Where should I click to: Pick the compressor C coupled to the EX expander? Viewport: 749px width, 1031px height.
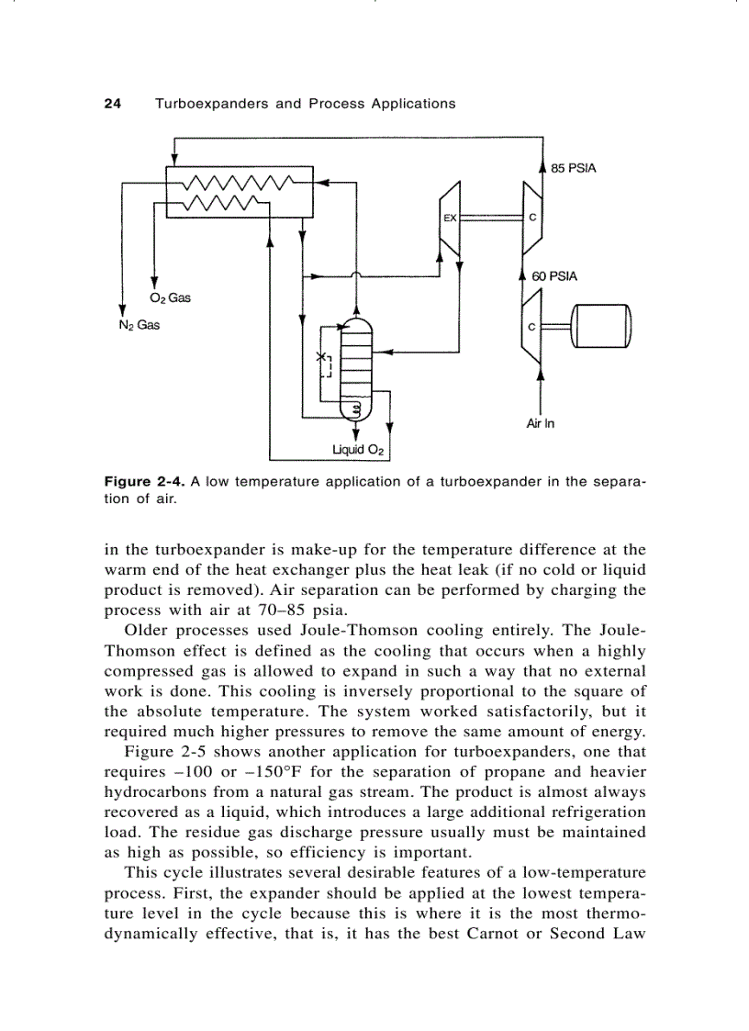(x=532, y=219)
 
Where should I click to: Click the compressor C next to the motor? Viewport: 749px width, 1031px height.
(x=532, y=327)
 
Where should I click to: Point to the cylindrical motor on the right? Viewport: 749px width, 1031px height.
(x=602, y=327)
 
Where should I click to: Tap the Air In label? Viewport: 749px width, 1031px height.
(x=541, y=423)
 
